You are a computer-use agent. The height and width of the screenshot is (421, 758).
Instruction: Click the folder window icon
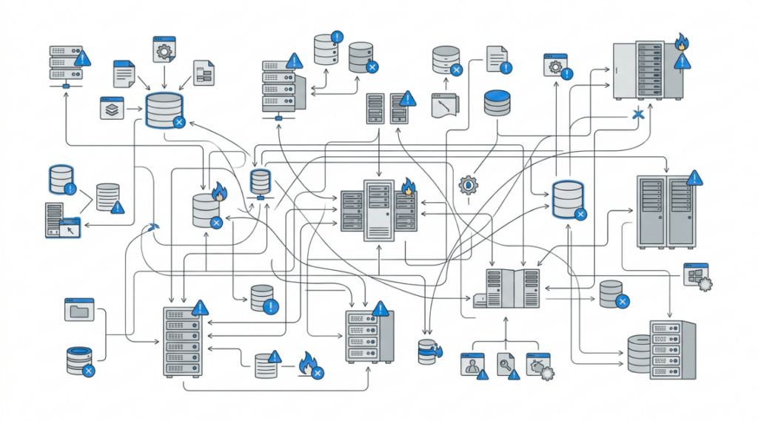[x=79, y=309]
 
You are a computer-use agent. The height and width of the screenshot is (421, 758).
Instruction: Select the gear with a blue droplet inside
[x=468, y=184]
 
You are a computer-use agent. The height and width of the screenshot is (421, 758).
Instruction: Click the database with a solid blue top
[x=497, y=103]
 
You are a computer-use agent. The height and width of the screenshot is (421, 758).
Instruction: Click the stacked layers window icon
[x=111, y=109]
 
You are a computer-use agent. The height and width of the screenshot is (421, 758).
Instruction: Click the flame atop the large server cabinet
[x=681, y=42]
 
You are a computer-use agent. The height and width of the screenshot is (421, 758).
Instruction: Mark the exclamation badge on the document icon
[x=506, y=67]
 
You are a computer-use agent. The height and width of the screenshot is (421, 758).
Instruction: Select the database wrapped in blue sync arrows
[x=428, y=352]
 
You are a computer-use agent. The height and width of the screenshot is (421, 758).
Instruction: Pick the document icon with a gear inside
[x=164, y=49]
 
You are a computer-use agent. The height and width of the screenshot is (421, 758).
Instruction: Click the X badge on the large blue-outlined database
[x=178, y=123]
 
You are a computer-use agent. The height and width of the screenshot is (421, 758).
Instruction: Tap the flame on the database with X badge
[x=219, y=194]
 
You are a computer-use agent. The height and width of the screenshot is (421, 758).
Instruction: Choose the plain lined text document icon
[x=124, y=74]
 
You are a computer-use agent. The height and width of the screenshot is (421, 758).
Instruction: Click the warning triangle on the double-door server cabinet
[x=694, y=178]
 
